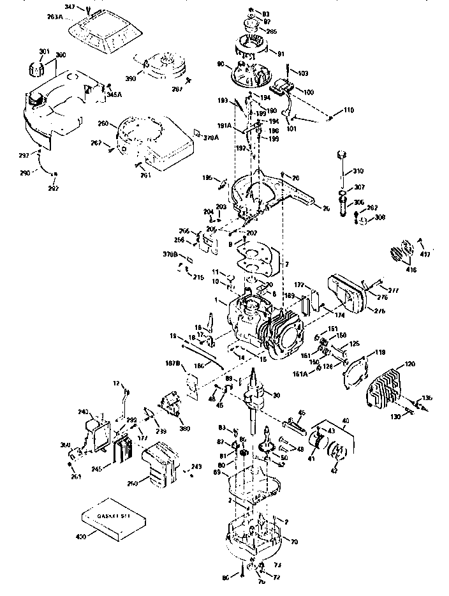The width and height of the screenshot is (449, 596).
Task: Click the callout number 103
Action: click(x=302, y=74)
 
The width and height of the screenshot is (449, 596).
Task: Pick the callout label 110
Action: click(x=348, y=110)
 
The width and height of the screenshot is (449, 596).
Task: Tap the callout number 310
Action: click(x=358, y=171)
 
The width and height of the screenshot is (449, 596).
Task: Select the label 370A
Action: click(x=211, y=137)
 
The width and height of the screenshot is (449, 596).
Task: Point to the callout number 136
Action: click(x=427, y=398)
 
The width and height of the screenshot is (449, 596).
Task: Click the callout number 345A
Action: click(x=115, y=94)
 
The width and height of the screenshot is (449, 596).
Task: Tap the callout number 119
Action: click(x=379, y=352)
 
